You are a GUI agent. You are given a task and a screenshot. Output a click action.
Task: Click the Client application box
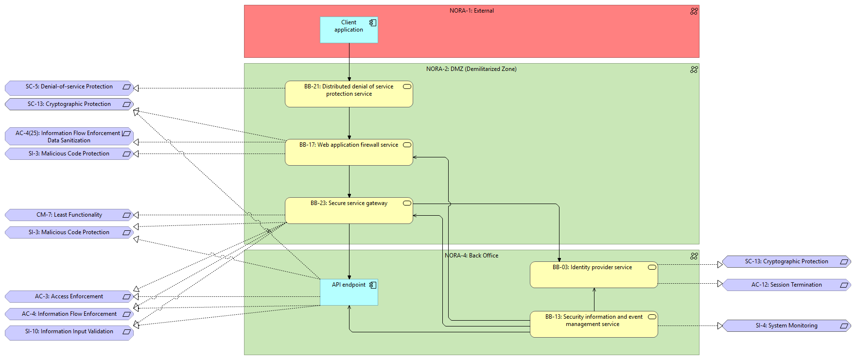(x=349, y=30)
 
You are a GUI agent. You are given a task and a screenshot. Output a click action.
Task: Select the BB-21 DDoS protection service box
(x=349, y=94)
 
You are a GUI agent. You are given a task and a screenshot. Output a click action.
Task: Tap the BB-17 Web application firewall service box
(x=349, y=153)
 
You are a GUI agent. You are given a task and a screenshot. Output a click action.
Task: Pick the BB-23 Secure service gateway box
(x=349, y=211)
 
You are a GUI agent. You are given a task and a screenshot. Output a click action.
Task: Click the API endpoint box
(x=349, y=292)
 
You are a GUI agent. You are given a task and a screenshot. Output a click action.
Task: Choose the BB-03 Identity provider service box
(x=594, y=275)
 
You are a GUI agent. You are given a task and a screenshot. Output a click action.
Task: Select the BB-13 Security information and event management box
(x=594, y=325)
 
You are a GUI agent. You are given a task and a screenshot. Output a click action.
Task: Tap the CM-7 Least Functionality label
(x=69, y=215)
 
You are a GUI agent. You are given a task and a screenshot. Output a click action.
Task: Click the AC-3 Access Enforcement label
(x=69, y=297)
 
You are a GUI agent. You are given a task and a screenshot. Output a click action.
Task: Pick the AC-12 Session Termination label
(x=786, y=285)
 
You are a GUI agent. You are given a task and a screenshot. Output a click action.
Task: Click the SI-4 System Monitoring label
(x=786, y=326)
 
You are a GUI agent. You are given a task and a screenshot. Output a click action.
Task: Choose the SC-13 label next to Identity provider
(x=786, y=262)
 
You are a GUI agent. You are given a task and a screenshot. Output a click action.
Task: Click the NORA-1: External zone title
(x=472, y=11)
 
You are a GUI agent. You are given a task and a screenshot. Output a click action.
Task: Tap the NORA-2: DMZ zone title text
(x=472, y=69)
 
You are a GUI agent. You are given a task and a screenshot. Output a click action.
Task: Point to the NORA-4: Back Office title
(x=472, y=256)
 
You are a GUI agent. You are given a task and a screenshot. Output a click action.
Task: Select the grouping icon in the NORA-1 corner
(x=694, y=11)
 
